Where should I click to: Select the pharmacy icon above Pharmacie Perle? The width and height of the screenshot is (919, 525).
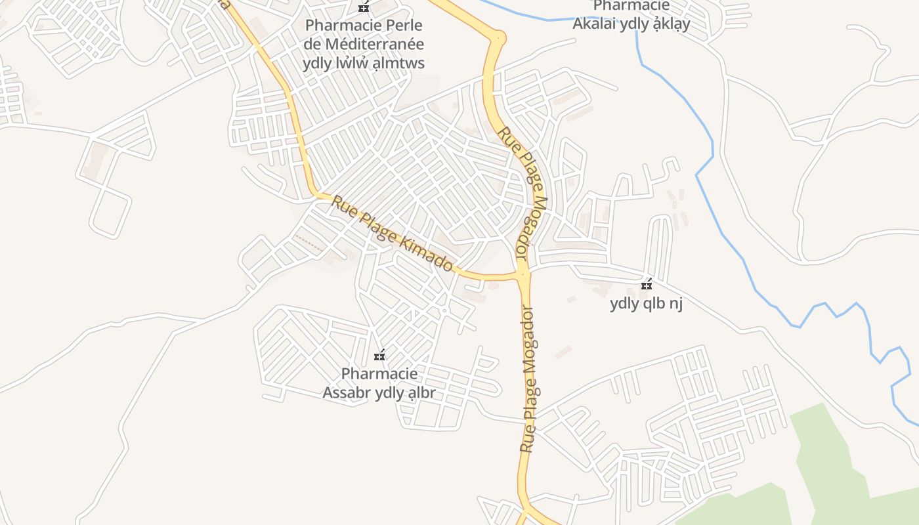coord(364,8)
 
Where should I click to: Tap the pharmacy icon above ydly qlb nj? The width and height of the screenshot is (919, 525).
coord(647,284)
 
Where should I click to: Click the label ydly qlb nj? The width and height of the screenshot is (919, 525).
coord(647,304)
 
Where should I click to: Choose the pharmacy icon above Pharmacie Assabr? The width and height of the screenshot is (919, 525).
coord(379,356)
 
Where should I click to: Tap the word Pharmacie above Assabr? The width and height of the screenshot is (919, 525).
coord(379,374)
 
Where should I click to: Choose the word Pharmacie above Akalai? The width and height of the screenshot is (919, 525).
coord(622,7)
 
